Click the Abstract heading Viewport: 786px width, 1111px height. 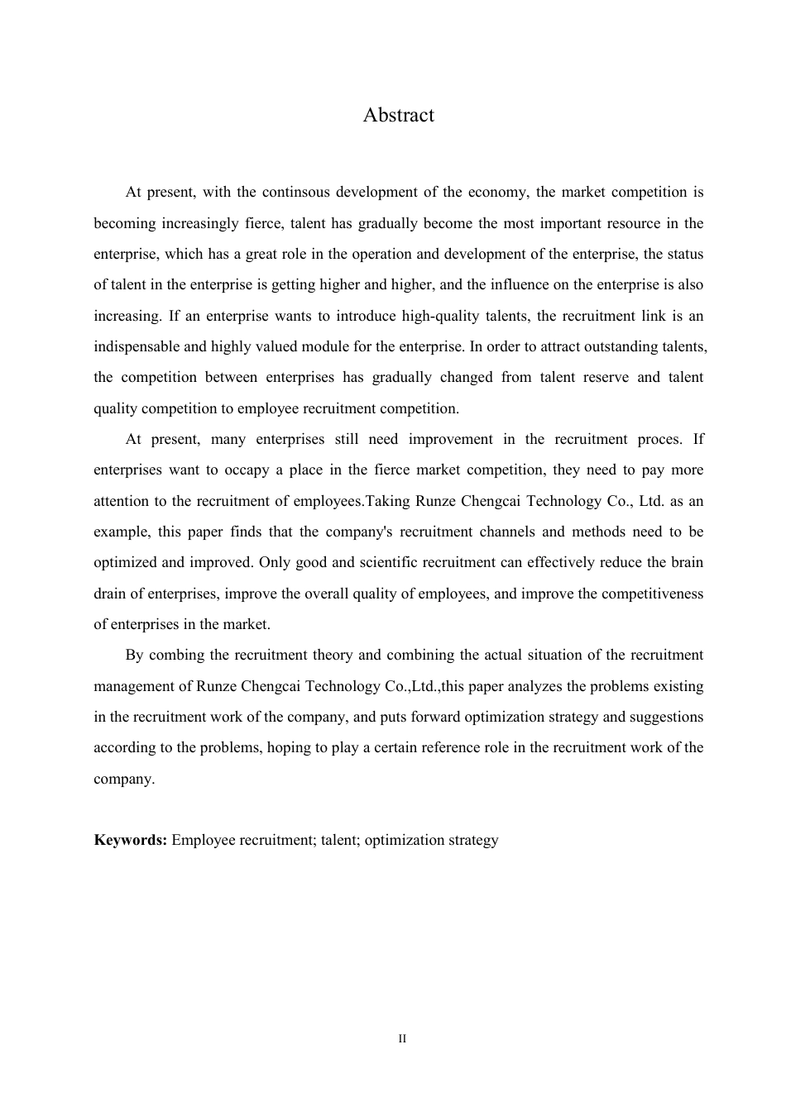(398, 115)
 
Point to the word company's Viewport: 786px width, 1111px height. (358, 532)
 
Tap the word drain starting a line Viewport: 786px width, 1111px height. (110, 594)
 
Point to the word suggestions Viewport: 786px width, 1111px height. (667, 717)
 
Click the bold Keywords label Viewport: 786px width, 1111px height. (130, 841)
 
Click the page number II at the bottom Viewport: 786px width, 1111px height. (402, 1039)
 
